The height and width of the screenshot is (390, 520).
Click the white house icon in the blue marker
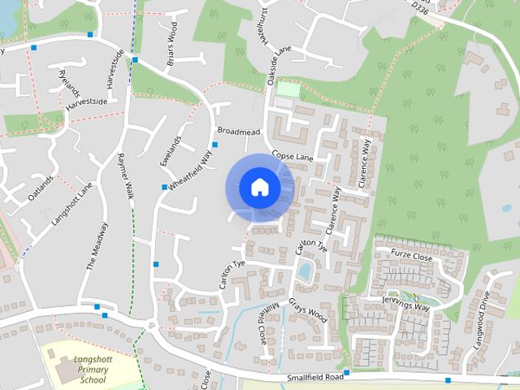259,187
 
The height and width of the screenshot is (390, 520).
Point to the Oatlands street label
40,188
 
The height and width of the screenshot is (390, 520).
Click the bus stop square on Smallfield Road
345,373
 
